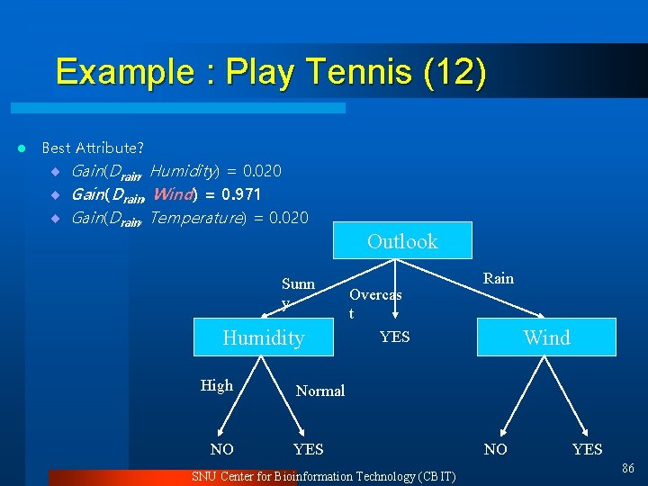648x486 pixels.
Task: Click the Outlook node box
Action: pos(402,241)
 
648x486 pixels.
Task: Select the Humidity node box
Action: pos(264,337)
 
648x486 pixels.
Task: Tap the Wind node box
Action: pos(547,337)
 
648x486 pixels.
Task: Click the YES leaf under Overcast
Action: pos(394,337)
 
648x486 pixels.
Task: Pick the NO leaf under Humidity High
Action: pos(221,449)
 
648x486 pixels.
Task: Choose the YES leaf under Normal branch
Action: pos(309,449)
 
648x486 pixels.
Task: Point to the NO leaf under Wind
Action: pos(495,449)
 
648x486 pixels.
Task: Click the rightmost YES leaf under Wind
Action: pos(587,449)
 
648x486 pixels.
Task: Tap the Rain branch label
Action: pos(499,278)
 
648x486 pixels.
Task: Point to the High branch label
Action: pos(217,385)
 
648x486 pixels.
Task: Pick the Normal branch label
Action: pos(320,391)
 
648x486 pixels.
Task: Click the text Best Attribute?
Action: pos(93,147)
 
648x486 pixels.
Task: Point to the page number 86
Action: pos(627,468)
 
